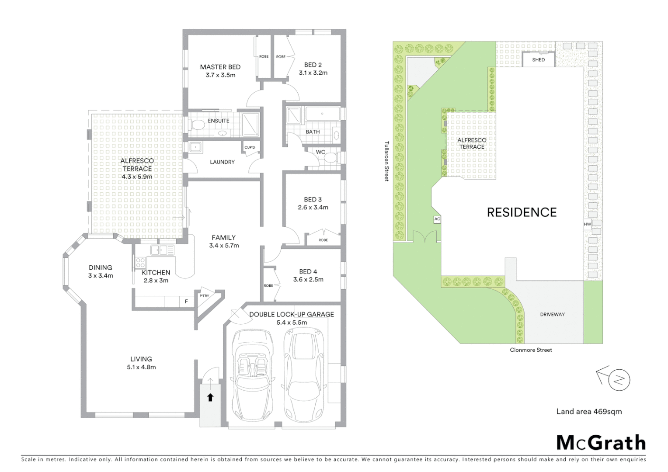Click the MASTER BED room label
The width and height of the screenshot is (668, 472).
click(x=220, y=67)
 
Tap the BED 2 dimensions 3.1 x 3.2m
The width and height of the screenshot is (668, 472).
click(x=313, y=73)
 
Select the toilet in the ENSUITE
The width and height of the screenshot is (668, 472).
click(x=198, y=125)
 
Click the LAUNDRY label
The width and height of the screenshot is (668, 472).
click(x=222, y=162)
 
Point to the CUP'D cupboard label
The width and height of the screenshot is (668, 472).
click(x=250, y=147)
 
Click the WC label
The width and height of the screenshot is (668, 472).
click(x=320, y=152)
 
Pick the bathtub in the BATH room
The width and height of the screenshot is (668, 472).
click(x=322, y=114)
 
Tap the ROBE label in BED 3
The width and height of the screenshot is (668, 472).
click(x=323, y=240)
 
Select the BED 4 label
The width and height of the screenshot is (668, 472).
click(x=308, y=271)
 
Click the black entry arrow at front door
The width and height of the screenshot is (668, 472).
click(x=210, y=397)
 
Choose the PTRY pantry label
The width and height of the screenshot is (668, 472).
click(x=204, y=296)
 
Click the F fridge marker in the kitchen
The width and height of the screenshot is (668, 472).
click(x=186, y=302)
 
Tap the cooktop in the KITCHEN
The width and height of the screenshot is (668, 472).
click(x=140, y=263)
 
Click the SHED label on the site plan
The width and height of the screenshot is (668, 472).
click(x=538, y=60)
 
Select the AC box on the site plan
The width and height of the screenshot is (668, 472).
click(x=437, y=219)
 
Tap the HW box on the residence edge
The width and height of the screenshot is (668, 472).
click(x=587, y=224)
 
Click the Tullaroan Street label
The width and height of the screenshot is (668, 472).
click(x=386, y=161)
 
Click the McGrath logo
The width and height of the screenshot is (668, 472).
click(x=601, y=443)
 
